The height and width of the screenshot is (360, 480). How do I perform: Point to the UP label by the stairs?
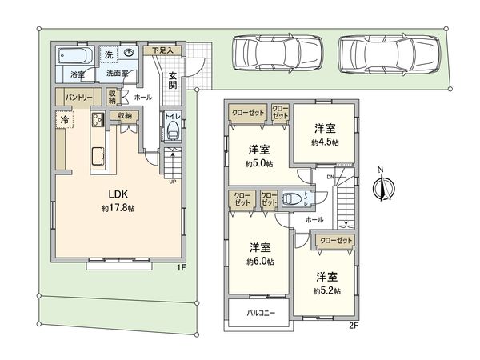172,182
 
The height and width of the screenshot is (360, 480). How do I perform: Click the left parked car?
274,54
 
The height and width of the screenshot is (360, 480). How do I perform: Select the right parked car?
390,54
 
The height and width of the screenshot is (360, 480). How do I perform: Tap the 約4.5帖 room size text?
324,142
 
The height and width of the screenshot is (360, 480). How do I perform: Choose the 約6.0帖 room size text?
259,262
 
